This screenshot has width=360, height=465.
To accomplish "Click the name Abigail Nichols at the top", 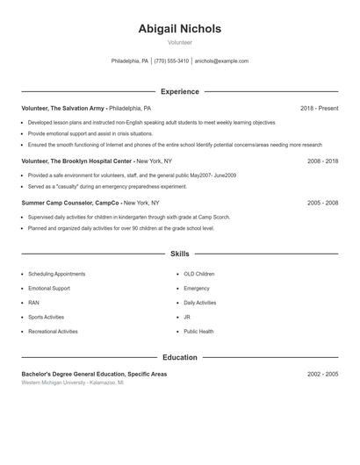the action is pyautogui.click(x=179, y=29).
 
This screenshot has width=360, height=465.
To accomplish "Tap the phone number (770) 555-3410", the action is pyautogui.click(x=171, y=61).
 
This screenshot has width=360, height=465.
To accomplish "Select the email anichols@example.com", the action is pyautogui.click(x=221, y=61).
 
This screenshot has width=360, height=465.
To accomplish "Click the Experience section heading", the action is pyautogui.click(x=179, y=91).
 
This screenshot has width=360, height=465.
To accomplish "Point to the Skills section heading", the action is pyautogui.click(x=179, y=254).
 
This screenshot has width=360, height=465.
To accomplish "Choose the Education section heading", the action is pyautogui.click(x=179, y=357).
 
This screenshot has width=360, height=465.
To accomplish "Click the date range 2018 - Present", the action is pyautogui.click(x=319, y=108).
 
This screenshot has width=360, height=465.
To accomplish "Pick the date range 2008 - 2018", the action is pyautogui.click(x=322, y=161).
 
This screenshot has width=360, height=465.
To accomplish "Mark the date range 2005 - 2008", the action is pyautogui.click(x=322, y=203).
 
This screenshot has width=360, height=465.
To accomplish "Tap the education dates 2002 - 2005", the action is pyautogui.click(x=322, y=374).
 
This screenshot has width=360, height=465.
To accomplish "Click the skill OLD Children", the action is pyautogui.click(x=198, y=274).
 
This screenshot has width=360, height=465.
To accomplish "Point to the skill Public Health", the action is pyautogui.click(x=198, y=332).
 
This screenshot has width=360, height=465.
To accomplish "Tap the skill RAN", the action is pyautogui.click(x=33, y=303).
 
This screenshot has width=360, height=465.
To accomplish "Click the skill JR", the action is pyautogui.click(x=187, y=317).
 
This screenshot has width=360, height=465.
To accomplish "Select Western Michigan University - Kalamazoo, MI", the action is pyautogui.click(x=72, y=383).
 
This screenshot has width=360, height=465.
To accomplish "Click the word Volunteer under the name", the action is pyautogui.click(x=179, y=42).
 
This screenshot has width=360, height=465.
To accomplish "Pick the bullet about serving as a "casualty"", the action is pyautogui.click(x=107, y=186).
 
